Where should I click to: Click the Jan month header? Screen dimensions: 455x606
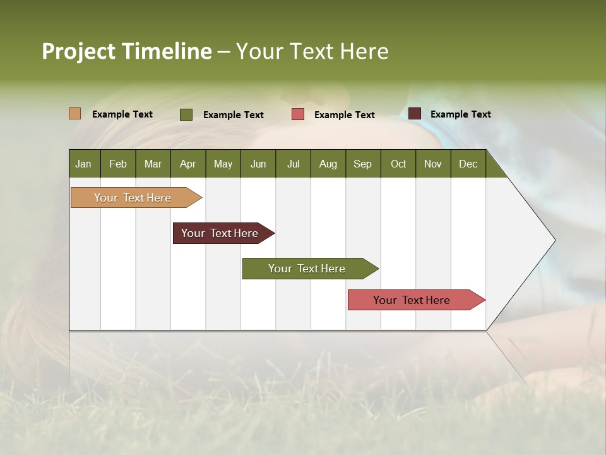click(x=83, y=164)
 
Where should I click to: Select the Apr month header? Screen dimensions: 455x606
click(x=188, y=164)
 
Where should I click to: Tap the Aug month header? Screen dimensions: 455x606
click(x=328, y=164)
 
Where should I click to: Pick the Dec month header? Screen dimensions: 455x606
click(x=468, y=164)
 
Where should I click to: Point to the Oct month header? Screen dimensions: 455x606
click(x=398, y=164)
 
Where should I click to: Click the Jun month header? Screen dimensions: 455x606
click(x=258, y=164)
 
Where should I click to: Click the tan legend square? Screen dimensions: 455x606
click(x=74, y=114)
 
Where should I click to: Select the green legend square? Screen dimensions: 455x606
click(x=186, y=114)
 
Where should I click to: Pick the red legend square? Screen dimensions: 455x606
click(x=298, y=114)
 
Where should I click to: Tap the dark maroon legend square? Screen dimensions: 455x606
click(x=415, y=114)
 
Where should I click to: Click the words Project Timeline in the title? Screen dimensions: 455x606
click(x=126, y=51)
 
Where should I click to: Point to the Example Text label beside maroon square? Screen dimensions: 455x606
click(x=460, y=114)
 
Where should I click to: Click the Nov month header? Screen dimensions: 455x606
click(x=433, y=164)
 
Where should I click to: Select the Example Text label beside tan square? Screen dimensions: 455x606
click(x=122, y=114)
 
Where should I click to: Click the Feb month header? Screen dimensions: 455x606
click(x=118, y=164)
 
